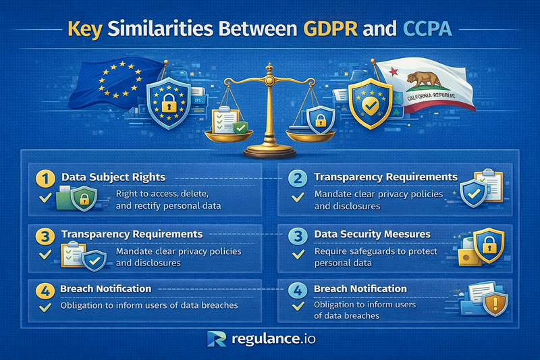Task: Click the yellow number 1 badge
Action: (x=46, y=179)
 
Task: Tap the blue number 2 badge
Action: (x=298, y=179)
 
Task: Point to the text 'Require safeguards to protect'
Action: (x=375, y=251)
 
